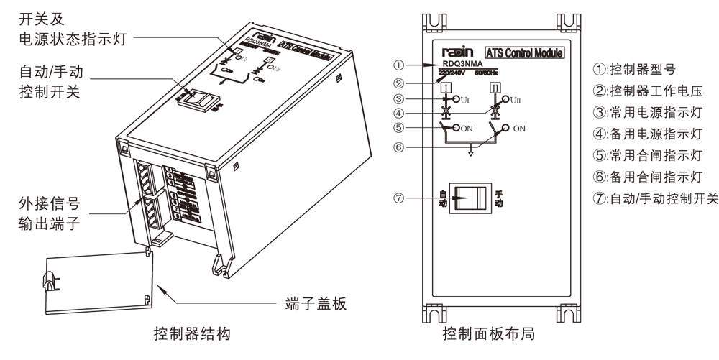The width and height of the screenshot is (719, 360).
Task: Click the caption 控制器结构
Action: [x=191, y=334]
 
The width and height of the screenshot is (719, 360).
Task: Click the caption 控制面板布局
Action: [x=489, y=334]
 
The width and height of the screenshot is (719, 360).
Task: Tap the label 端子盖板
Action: [x=312, y=304]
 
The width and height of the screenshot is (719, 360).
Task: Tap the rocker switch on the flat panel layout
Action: [x=470, y=197]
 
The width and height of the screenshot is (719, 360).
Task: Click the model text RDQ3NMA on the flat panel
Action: [x=460, y=63]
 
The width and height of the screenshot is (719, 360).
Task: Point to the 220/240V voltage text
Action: [x=453, y=72]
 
